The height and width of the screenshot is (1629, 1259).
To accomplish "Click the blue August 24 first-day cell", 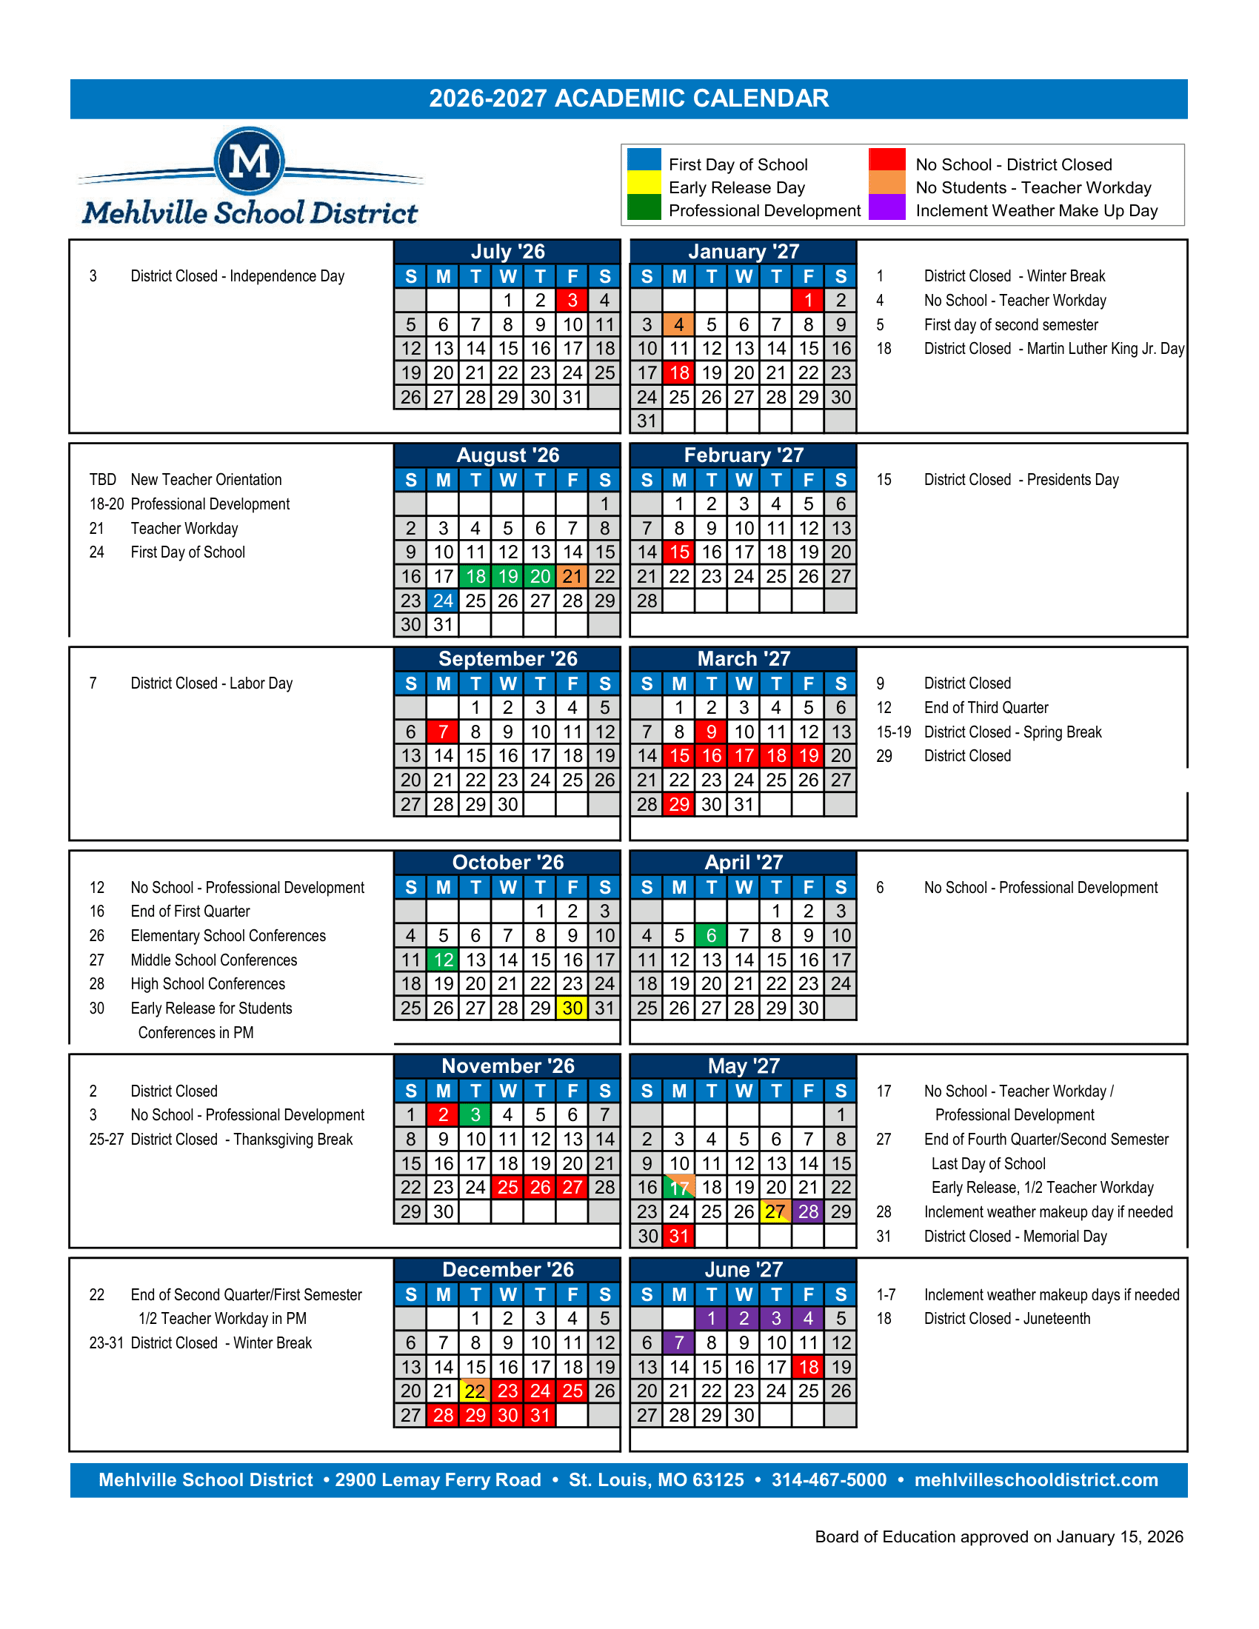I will (x=443, y=601).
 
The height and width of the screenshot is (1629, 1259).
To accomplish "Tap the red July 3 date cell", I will (x=572, y=301).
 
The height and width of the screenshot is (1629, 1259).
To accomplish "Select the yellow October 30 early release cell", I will (x=572, y=1008).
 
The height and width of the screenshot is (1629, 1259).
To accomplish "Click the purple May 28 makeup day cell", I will (x=809, y=1212).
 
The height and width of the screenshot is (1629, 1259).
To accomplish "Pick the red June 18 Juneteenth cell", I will (x=809, y=1367).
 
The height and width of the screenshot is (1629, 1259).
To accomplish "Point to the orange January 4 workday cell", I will (x=678, y=324).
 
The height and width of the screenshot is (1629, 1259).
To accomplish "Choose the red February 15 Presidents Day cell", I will (x=678, y=552).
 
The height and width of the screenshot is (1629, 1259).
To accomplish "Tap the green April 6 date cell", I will (x=711, y=935).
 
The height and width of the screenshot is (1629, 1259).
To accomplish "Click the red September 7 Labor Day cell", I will (x=443, y=732).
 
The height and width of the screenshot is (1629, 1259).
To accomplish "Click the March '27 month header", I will (x=743, y=658).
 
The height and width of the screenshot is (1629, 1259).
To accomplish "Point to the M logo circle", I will (x=249, y=161).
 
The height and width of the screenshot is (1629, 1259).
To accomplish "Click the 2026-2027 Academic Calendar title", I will (x=629, y=98).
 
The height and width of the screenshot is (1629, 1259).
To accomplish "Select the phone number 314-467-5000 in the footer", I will (x=829, y=1481).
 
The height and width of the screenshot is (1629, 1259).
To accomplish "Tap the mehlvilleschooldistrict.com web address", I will (x=1036, y=1481).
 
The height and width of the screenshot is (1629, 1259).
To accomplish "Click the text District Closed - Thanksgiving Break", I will (x=241, y=1140).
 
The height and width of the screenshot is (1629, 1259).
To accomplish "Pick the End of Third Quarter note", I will (x=985, y=708).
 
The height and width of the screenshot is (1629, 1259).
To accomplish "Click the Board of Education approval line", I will (x=999, y=1537).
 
